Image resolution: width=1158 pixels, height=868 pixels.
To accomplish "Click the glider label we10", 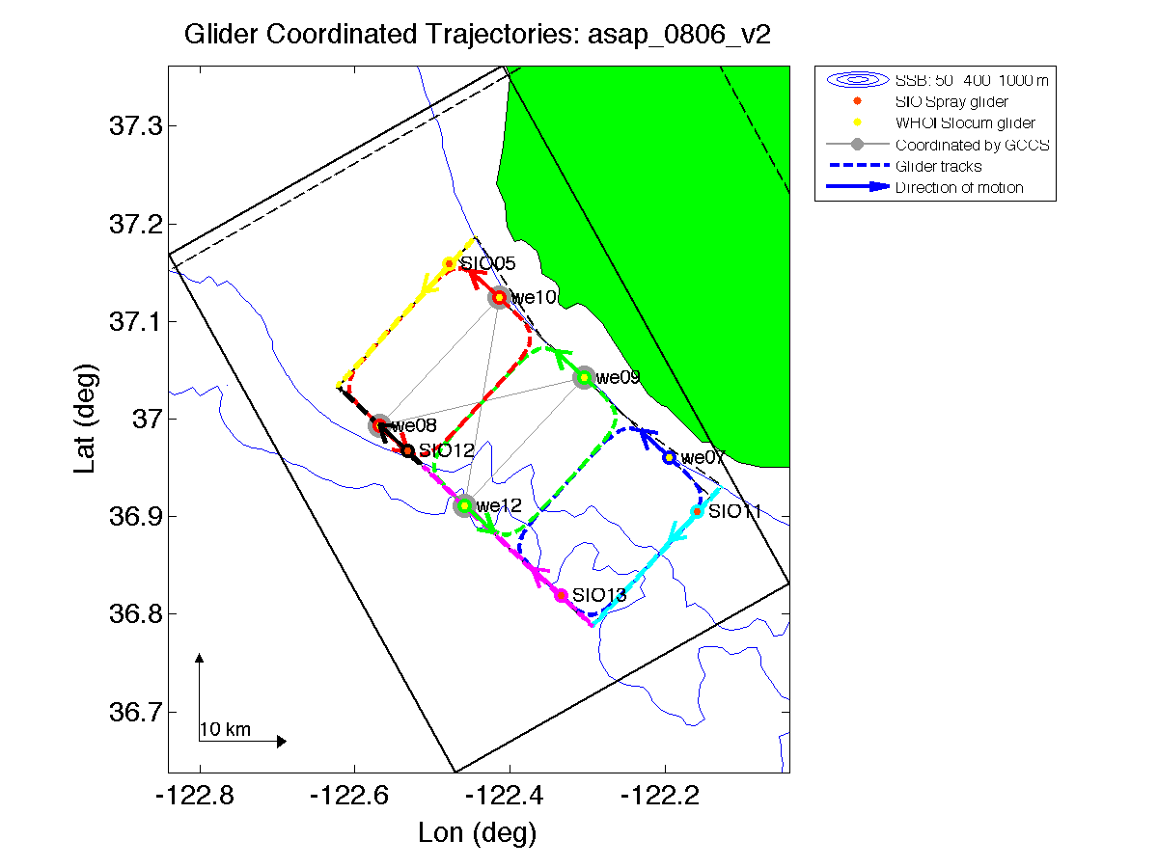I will click(x=534, y=298).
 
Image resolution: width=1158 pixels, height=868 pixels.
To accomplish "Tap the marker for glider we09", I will click(x=583, y=377).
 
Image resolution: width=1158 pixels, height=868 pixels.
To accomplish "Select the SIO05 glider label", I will click(x=487, y=263).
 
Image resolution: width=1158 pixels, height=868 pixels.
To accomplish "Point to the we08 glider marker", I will click(x=380, y=425).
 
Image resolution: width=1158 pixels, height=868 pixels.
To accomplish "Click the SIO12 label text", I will click(x=447, y=450).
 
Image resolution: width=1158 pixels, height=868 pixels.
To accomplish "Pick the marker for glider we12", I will click(x=465, y=505).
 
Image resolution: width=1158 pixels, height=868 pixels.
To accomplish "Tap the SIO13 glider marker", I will click(x=561, y=595).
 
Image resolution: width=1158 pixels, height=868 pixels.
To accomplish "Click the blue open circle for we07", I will click(x=669, y=457).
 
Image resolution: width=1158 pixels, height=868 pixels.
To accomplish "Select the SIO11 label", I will click(x=734, y=512).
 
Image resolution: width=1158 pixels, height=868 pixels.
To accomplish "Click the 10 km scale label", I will click(x=225, y=729).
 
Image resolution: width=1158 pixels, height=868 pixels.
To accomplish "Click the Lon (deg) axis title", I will click(x=477, y=832).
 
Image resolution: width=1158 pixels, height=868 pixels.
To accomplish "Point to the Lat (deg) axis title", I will click(x=87, y=419).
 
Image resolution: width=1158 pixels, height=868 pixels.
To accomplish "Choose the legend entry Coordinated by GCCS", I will click(x=971, y=146).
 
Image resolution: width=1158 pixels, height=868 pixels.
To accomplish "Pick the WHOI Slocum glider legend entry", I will click(x=965, y=123).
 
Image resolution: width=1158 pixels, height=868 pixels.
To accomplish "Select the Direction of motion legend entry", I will click(x=959, y=187).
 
